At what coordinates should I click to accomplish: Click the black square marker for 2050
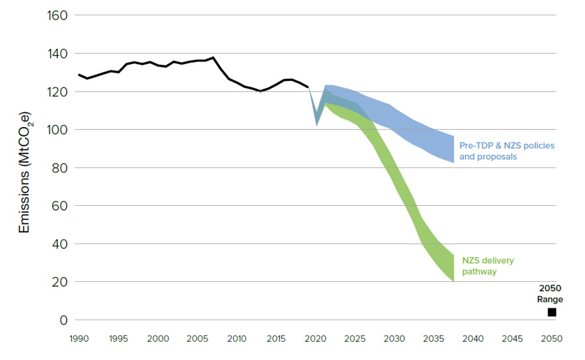[x=552, y=313]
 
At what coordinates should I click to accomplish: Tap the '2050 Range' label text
[x=549, y=294]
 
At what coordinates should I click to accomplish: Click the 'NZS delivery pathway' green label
[x=488, y=266]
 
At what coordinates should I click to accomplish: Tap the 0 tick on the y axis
[x=63, y=320]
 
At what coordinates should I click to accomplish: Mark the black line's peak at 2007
[x=213, y=58]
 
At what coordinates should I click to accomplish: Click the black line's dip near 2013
[x=260, y=91]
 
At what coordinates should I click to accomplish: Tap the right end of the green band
[x=453, y=269]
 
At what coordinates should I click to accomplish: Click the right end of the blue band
[x=453, y=149]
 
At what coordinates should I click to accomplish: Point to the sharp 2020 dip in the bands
[x=317, y=123]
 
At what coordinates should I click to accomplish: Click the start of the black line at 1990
[x=79, y=75]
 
